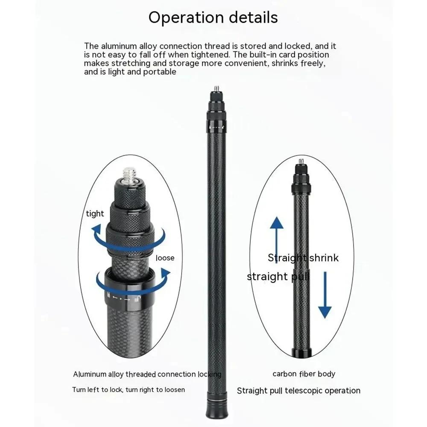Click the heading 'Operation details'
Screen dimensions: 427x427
coord(213,18)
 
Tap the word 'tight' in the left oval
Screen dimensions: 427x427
coord(95,214)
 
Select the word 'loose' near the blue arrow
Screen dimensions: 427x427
coord(165,258)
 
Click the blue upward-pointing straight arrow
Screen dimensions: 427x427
coord(277,237)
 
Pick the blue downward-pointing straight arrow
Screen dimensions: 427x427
coord(325,295)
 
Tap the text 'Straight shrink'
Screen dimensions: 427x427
coord(303,257)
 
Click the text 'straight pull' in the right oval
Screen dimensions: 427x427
coord(278,277)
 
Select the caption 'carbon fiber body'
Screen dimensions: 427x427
coord(304,374)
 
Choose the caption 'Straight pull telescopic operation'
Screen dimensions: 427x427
coord(298,391)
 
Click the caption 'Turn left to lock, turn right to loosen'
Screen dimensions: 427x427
coord(129,390)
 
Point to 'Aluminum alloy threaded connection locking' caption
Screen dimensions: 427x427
coord(147,374)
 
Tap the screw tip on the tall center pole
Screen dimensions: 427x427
coord(216,88)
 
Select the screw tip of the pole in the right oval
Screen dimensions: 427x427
coord(301,161)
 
